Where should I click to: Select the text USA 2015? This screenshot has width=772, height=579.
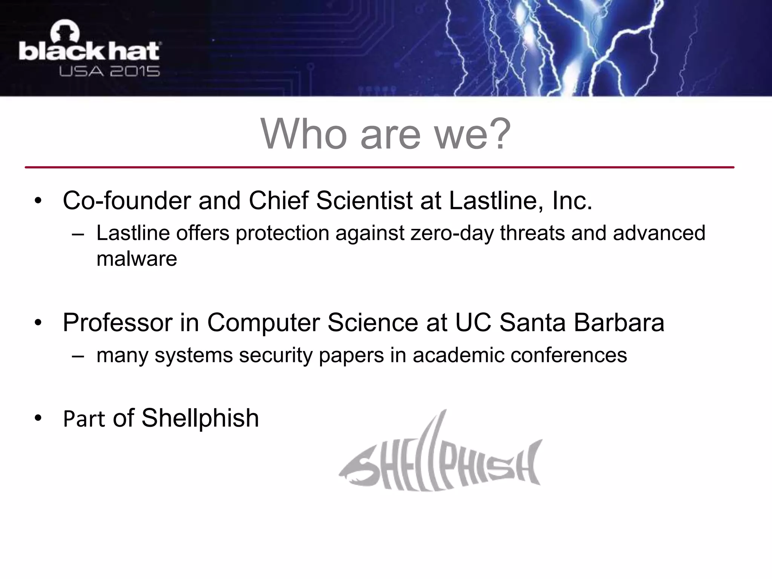109,71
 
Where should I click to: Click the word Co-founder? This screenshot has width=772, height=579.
127,201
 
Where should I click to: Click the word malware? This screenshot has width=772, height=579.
136,259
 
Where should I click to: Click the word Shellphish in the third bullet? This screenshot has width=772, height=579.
200,418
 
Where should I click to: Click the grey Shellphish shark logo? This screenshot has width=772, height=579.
441,460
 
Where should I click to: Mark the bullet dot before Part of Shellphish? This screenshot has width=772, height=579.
38,418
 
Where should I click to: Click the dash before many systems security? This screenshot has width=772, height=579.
78,355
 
